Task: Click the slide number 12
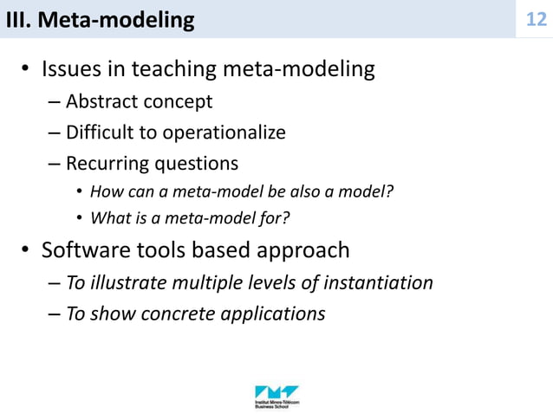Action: (537, 18)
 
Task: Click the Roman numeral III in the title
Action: (17, 19)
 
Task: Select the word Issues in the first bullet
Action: (75, 69)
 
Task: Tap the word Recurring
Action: (107, 164)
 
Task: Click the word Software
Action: (84, 251)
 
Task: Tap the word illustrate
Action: (131, 282)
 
